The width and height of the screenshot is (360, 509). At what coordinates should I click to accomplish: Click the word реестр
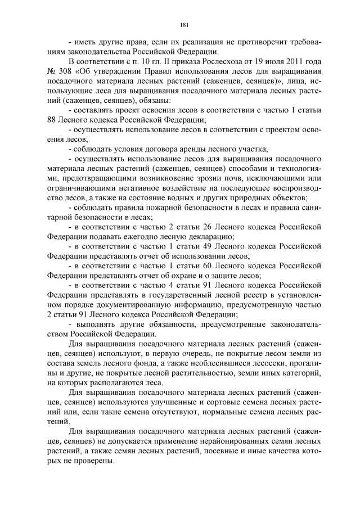(x=242, y=295)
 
